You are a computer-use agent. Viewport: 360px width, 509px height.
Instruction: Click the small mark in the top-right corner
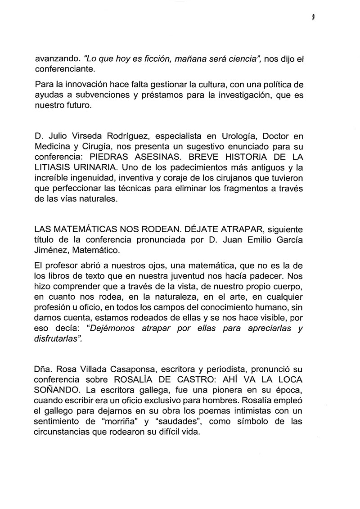click(x=312, y=18)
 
